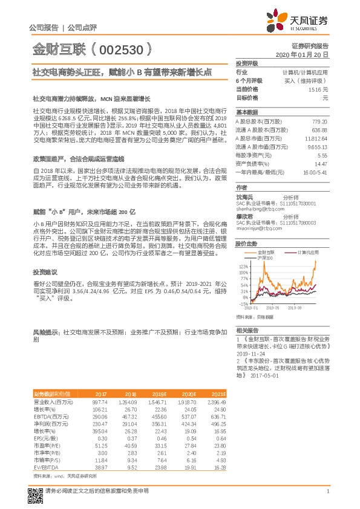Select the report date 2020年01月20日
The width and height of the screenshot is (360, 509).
(x=301, y=54)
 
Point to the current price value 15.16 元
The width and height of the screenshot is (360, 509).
(x=316, y=89)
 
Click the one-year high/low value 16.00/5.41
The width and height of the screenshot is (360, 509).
(x=314, y=172)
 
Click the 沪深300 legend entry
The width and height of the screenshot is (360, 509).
(x=266, y=258)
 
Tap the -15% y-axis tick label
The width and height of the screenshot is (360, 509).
(x=243, y=304)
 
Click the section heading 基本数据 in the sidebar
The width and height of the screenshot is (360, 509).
(x=246, y=112)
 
